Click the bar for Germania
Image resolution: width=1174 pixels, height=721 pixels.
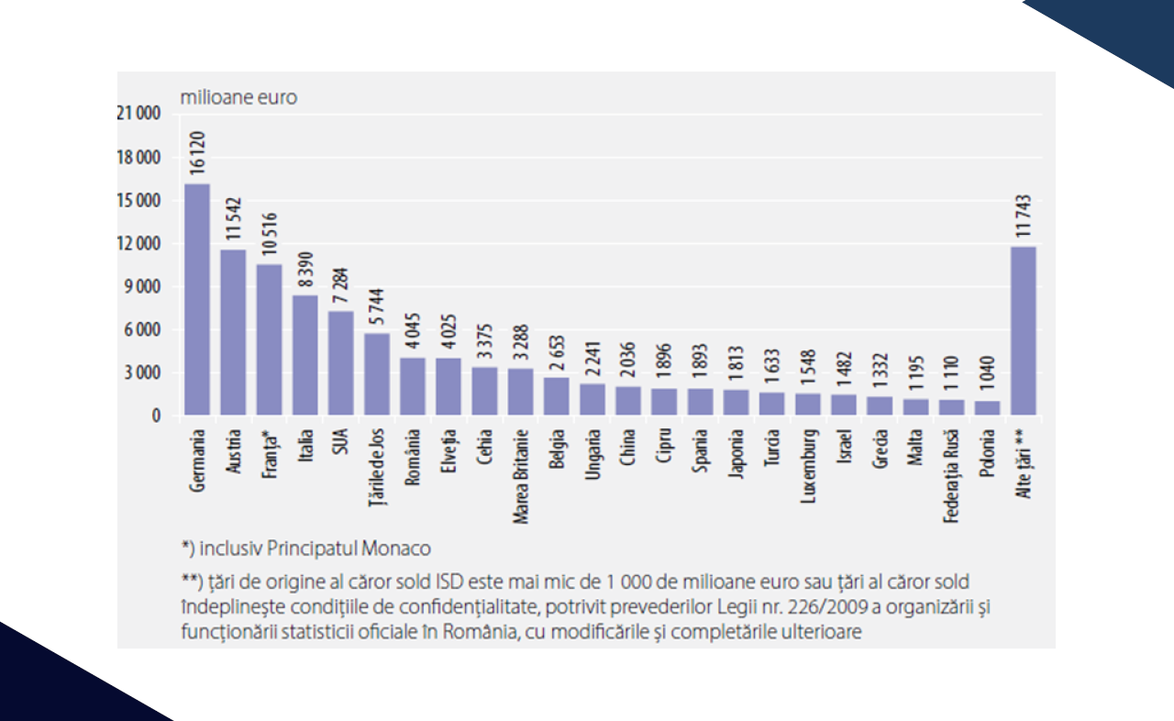[x=197, y=300]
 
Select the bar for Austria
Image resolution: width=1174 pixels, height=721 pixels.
[x=233, y=333]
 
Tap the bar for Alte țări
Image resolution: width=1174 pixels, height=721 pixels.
[x=1024, y=331]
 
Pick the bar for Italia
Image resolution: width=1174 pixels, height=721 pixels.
[x=305, y=355]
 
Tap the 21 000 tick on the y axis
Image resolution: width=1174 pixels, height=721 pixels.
[x=138, y=114]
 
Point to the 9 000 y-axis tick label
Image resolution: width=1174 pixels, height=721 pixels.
[x=143, y=286]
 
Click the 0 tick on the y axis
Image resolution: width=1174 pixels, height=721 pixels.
[x=156, y=416]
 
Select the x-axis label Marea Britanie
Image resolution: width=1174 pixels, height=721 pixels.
[x=520, y=475]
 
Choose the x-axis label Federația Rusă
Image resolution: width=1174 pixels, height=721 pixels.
[x=951, y=475]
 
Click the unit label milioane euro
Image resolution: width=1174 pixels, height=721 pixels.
[x=238, y=97]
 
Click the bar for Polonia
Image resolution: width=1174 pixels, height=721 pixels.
[x=988, y=408]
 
